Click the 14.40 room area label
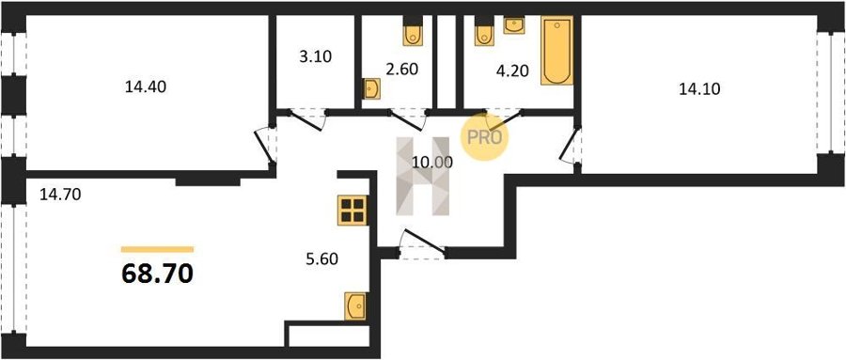click(x=146, y=86)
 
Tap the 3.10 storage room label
click(x=315, y=56)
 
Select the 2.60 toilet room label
click(x=402, y=69)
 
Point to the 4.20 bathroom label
click(x=512, y=71)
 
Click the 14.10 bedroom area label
click(x=699, y=89)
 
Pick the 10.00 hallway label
click(x=432, y=162)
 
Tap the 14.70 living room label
click(x=60, y=195)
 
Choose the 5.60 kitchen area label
click(x=322, y=259)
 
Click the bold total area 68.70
click(x=158, y=274)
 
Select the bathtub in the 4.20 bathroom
click(x=556, y=51)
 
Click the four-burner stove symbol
click(x=352, y=210)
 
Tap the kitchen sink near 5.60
click(x=355, y=306)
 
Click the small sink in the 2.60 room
click(x=371, y=89)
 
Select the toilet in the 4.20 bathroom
click(x=484, y=35)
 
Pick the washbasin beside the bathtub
click(x=513, y=25)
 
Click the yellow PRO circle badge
click(x=484, y=137)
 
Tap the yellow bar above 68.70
click(x=158, y=249)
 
